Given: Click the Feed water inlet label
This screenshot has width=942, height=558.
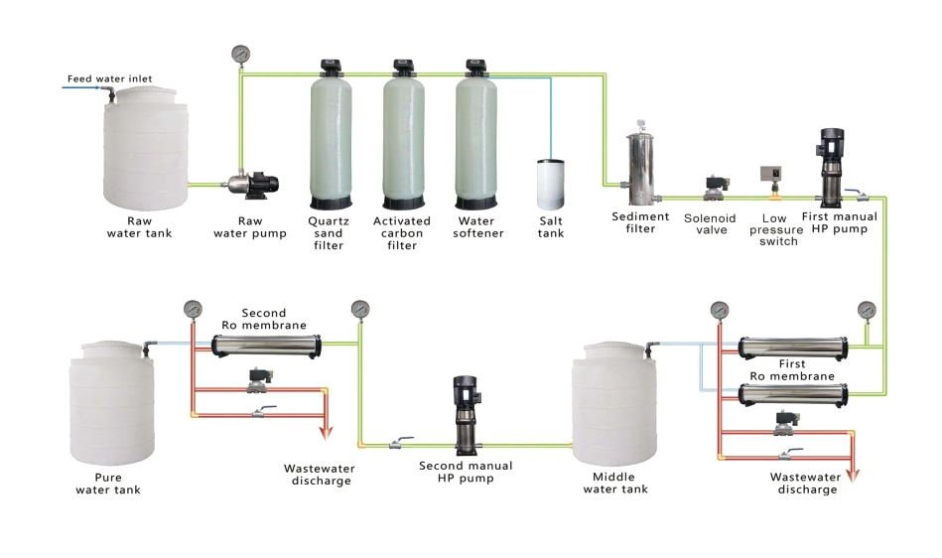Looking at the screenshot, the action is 109,78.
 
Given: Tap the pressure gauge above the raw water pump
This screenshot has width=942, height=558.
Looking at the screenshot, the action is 240,55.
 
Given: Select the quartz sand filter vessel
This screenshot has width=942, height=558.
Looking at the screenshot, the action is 331,135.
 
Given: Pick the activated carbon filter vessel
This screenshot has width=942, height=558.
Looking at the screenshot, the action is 403,135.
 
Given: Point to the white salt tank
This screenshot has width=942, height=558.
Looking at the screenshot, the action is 550,184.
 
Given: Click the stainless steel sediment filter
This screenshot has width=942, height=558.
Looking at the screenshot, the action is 641,164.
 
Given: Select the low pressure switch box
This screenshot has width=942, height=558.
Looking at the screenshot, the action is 771,174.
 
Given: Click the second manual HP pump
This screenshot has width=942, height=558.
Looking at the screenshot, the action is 466,415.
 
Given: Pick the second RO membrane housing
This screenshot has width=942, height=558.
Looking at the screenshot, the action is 266,347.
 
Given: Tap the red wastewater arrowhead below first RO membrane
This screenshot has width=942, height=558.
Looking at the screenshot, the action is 852,476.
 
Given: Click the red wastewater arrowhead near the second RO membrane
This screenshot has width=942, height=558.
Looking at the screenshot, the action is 325,433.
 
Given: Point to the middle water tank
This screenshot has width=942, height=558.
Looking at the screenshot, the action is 614,403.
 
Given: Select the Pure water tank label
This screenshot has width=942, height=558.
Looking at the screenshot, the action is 108,484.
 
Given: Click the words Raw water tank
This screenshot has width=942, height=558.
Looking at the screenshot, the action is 139,227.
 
